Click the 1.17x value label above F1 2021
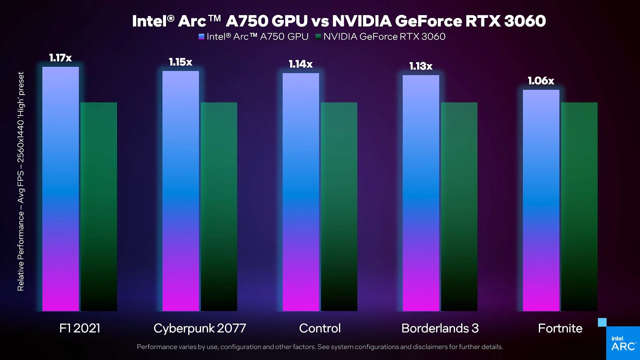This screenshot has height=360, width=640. (60, 58)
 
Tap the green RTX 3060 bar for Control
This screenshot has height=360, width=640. (339, 206)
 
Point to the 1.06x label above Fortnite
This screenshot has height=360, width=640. (541, 81)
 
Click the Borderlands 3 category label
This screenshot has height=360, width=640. (440, 328)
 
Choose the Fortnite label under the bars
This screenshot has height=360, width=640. (560, 328)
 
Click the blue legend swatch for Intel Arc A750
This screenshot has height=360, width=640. (201, 37)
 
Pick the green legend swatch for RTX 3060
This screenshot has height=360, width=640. (318, 37)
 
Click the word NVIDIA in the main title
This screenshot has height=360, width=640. (362, 21)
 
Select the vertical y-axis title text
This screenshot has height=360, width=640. (21, 181)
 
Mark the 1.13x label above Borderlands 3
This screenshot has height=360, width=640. (421, 66)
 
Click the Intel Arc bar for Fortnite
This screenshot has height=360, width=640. (541, 200)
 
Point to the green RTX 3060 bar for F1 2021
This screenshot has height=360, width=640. (99, 206)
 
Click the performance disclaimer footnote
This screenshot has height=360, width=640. (320, 347)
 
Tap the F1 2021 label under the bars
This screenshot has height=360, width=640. (80, 328)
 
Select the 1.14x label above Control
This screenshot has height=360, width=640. (300, 64)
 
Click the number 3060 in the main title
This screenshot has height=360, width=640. (525, 21)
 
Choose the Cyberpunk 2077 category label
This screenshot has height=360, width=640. (200, 328)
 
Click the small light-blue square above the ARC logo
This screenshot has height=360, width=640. (602, 322)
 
